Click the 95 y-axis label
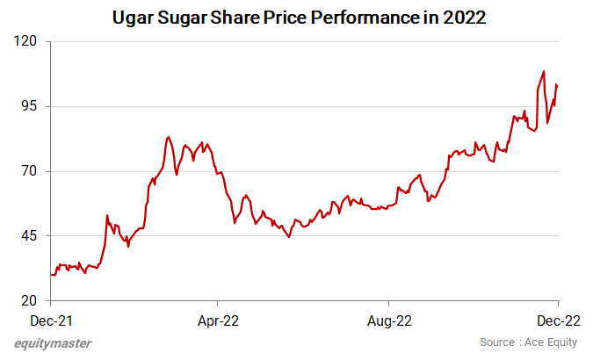coord(32,106)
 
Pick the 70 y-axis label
coord(32,171)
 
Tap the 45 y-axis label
coord(32,236)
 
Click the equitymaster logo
coord(53,343)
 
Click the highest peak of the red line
coord(544,72)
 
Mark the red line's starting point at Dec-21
coord(51,275)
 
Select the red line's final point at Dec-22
coord(557,85)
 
